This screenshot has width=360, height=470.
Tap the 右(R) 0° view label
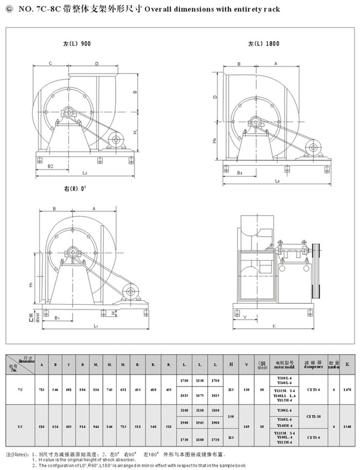(75, 189)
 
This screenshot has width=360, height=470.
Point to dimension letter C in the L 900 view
(50, 64)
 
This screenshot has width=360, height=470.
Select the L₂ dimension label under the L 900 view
(84, 173)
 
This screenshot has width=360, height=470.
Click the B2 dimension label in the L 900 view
(50, 166)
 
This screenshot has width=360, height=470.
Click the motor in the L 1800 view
(316, 147)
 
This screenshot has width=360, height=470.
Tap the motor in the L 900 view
(117, 139)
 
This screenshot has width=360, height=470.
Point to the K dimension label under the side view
(274, 326)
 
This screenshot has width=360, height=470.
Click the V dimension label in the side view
(244, 317)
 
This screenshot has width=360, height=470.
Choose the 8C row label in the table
(19, 427)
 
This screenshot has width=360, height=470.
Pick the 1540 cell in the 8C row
(347, 427)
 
